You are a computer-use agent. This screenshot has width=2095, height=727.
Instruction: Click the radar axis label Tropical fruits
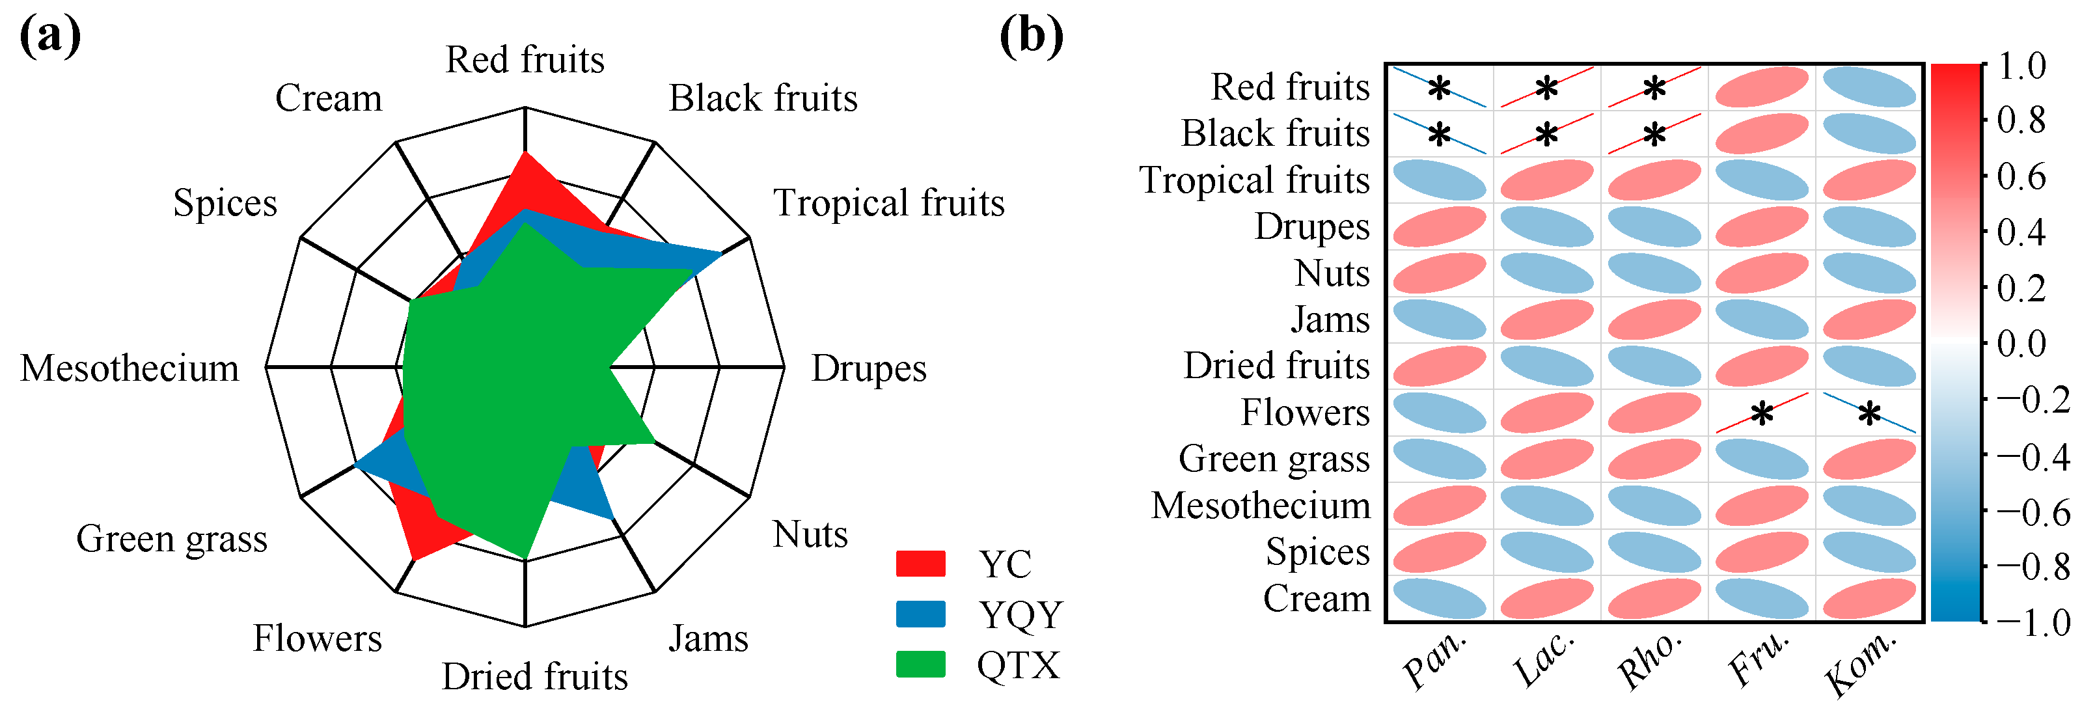pyautogui.click(x=888, y=203)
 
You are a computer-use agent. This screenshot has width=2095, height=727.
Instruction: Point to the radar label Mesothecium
pyautogui.click(x=130, y=368)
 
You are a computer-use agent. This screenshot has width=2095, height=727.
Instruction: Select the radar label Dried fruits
pyautogui.click(x=534, y=677)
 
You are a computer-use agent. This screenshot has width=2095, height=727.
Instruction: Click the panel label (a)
pyautogui.click(x=49, y=36)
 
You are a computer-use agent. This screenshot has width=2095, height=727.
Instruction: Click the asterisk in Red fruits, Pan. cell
pyautogui.click(x=1439, y=88)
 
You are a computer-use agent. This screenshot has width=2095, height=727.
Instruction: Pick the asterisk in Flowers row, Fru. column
pyautogui.click(x=1762, y=415)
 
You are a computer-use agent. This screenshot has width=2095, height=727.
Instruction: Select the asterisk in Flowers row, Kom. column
pyautogui.click(x=1869, y=415)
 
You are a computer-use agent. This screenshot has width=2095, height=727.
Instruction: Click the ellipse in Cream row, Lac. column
pyautogui.click(x=1546, y=599)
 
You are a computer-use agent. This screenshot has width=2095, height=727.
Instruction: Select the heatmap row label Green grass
pyautogui.click(x=1274, y=460)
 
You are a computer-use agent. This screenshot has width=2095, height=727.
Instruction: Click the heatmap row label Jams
pyautogui.click(x=1330, y=320)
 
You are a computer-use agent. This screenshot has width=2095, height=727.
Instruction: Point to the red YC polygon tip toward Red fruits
pyautogui.click(x=525, y=154)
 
